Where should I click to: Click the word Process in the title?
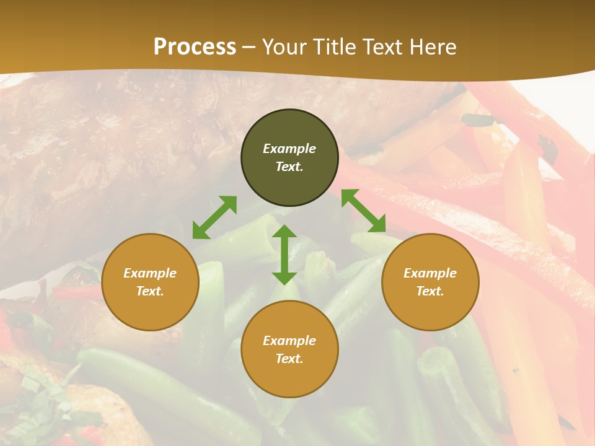pos(195,47)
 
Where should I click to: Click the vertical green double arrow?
pos(284,255)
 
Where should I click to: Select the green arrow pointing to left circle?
pos(214,217)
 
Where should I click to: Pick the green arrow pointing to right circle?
pos(363,211)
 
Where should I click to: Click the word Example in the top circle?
pos(289,149)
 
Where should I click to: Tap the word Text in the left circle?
pos(150,291)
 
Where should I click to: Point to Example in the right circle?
pos(430,273)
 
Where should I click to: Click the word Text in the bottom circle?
pos(289,359)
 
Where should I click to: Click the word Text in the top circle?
pos(289,167)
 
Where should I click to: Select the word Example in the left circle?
pos(150,273)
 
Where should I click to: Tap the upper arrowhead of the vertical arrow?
pos(284,232)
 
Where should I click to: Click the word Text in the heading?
pos(381,47)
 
